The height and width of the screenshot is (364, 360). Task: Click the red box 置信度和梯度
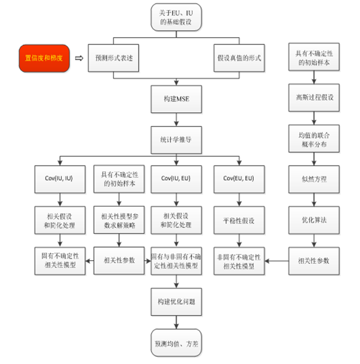click(x=45, y=58)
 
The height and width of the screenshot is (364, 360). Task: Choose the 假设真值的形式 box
click(x=239, y=59)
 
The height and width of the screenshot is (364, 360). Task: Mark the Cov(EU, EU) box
click(x=238, y=179)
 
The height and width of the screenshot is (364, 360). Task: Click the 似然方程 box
click(x=313, y=179)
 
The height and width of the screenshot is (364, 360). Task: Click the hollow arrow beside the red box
click(x=78, y=58)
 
